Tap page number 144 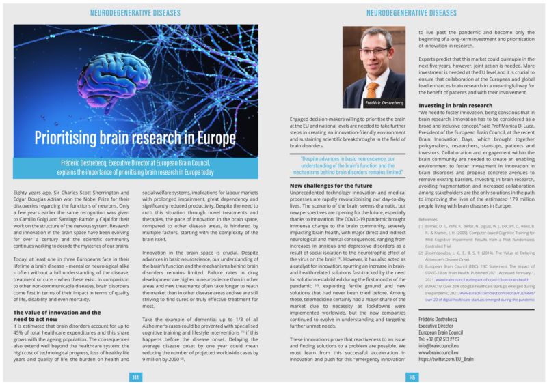click(135, 376)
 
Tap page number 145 click(412, 376)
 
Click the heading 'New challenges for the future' click(331, 186)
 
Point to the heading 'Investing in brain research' click(455, 106)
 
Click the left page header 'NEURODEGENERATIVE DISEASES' click(135, 13)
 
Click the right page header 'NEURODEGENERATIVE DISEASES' click(412, 13)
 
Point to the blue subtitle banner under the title click(135, 167)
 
